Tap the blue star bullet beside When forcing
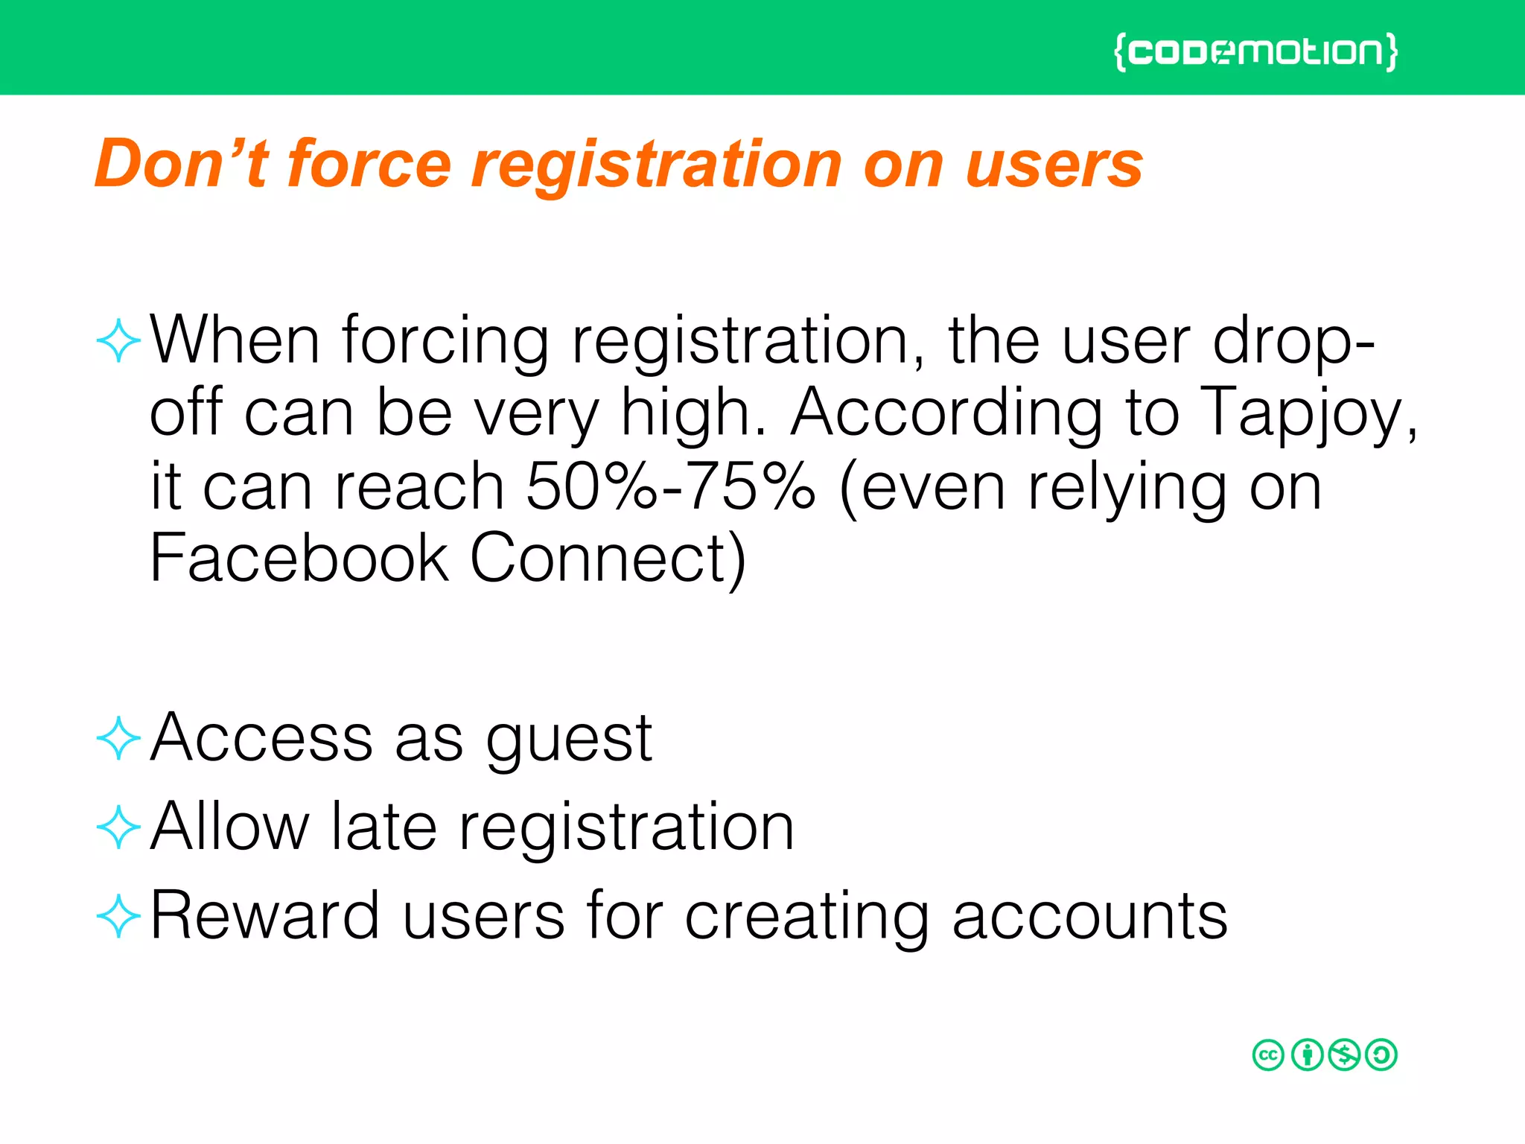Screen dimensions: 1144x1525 pyautogui.click(x=119, y=341)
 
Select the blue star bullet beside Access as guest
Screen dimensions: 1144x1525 pyautogui.click(x=119, y=739)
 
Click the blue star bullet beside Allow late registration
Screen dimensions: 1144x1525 pyautogui.click(x=119, y=827)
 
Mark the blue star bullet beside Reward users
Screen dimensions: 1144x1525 pyautogui.click(x=119, y=917)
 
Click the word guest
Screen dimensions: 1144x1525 pyautogui.click(x=569, y=740)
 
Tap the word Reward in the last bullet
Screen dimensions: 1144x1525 pyautogui.click(x=265, y=915)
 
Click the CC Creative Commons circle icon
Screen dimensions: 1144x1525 pyautogui.click(x=1268, y=1055)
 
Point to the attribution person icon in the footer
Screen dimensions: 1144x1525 pyautogui.click(x=1307, y=1055)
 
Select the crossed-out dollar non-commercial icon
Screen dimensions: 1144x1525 pyautogui.click(x=1344, y=1055)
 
